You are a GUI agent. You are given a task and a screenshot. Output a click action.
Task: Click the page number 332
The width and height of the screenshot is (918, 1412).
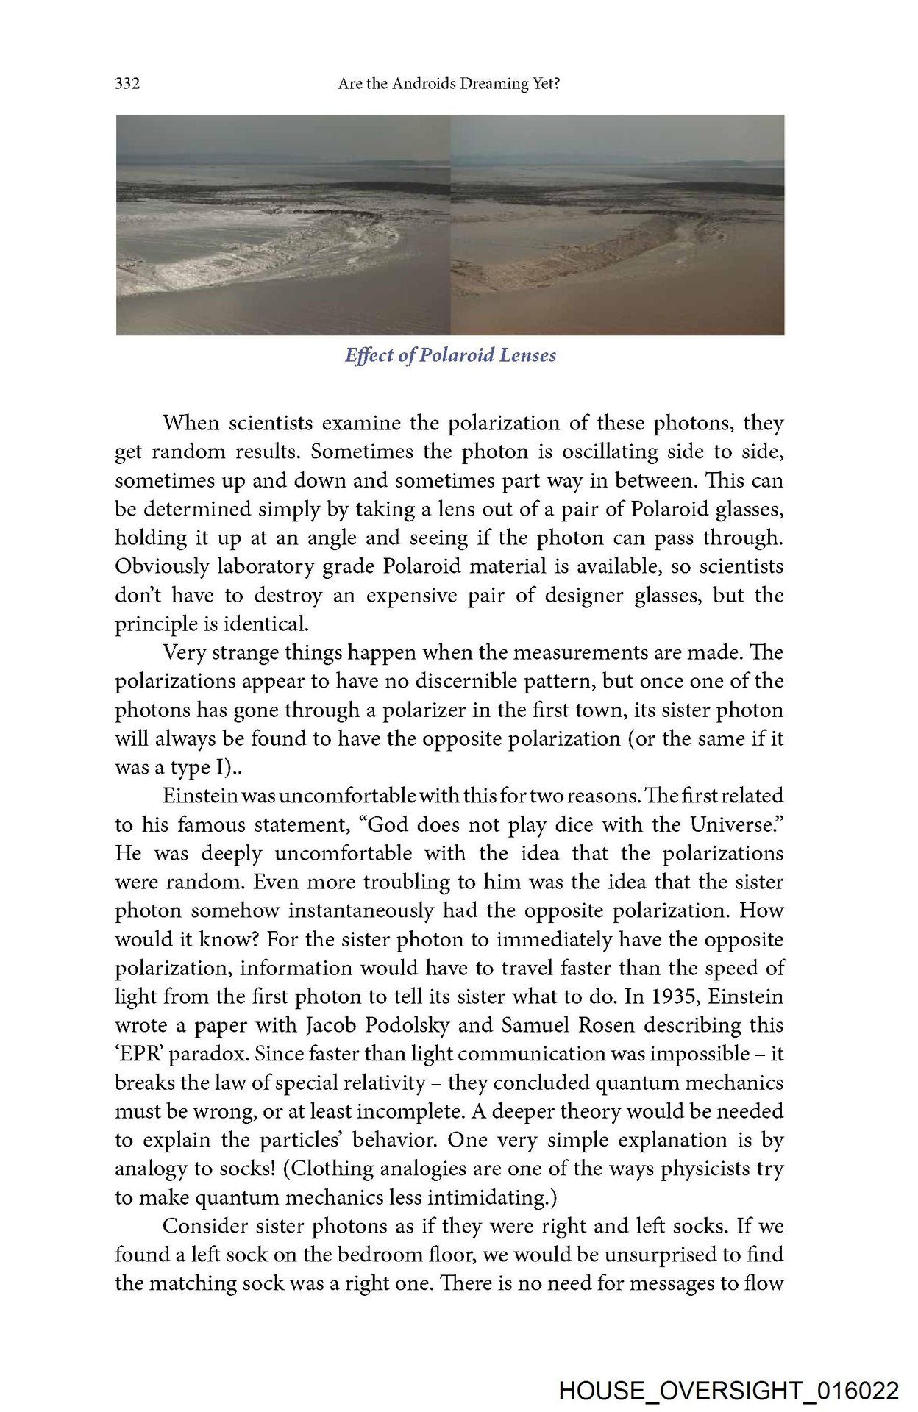coord(127,84)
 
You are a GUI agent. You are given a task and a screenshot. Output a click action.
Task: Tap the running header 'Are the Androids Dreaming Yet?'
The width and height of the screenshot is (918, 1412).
coord(449,84)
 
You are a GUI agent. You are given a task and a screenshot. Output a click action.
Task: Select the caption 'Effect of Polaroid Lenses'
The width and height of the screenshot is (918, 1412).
coord(450,355)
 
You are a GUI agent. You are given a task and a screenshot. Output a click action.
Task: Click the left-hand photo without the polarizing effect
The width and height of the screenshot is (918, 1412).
coord(283,224)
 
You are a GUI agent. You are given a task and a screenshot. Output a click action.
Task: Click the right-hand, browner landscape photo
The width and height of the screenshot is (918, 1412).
coord(617,224)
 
